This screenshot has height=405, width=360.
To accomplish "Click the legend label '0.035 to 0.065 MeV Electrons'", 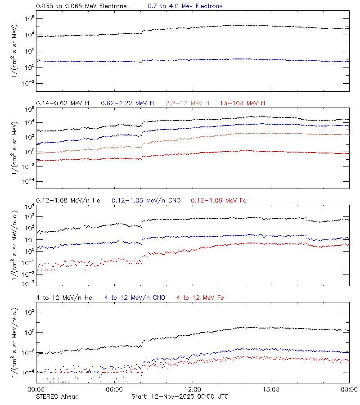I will click(x=81, y=6).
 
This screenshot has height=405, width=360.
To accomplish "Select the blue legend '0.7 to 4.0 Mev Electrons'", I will click(x=185, y=6).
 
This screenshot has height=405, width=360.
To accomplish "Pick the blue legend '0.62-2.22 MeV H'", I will click(x=127, y=103).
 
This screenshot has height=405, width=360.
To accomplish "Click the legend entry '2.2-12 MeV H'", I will click(x=188, y=103).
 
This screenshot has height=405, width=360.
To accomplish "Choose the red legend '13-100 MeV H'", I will click(x=242, y=103).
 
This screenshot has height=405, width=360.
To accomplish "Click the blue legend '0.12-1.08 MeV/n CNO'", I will click(x=146, y=200).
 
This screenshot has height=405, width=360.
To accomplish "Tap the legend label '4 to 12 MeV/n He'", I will click(x=64, y=297).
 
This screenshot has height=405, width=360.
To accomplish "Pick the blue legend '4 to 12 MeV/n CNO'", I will click(x=135, y=297).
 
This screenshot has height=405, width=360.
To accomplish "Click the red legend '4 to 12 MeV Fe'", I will click(x=200, y=297).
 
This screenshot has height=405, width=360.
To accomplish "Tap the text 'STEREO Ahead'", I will click(x=57, y=396).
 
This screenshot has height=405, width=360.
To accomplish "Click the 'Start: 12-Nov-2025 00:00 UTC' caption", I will click(x=180, y=396).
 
